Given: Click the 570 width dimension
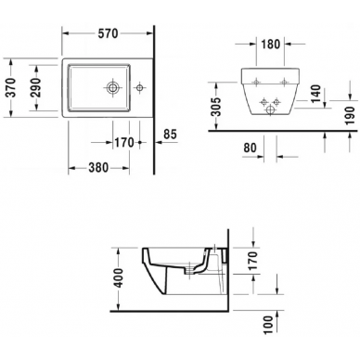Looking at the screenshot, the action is pyautogui.click(x=108, y=33).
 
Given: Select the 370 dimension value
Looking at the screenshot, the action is pyautogui.click(x=11, y=87).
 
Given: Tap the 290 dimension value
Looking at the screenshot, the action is pyautogui.click(x=35, y=87).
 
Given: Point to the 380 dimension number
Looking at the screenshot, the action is pyautogui.click(x=98, y=168).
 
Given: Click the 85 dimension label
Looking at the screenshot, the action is pyautogui.click(x=170, y=135).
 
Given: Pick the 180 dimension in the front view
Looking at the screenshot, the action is pyautogui.click(x=271, y=45).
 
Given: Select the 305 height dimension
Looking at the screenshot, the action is pyautogui.click(x=217, y=107).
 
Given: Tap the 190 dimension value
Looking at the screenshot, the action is pyautogui.click(x=350, y=115).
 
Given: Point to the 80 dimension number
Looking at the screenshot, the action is pyautogui.click(x=250, y=148).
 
